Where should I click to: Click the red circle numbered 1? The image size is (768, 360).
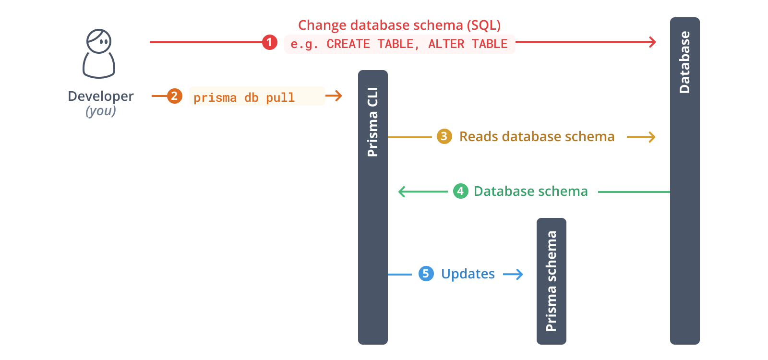click(269, 42)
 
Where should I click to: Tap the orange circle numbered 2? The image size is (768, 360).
click(174, 96)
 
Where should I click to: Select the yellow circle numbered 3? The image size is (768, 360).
click(444, 136)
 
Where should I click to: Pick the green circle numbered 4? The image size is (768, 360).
click(460, 191)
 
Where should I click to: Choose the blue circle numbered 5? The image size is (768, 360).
click(426, 274)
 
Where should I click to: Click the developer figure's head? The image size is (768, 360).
click(99, 41)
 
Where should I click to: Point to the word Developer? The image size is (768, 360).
click(101, 96)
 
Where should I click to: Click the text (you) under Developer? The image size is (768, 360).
click(101, 111)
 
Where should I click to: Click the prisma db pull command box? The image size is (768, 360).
click(257, 96)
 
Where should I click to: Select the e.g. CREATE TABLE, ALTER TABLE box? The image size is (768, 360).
click(399, 44)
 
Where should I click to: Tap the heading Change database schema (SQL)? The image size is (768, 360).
click(399, 25)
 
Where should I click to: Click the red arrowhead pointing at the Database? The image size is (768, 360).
click(653, 42)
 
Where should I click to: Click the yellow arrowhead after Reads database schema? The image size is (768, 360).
click(651, 137)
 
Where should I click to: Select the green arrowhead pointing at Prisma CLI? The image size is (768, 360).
click(402, 192)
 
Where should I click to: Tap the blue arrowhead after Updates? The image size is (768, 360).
click(519, 274)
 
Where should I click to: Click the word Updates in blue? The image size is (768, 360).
click(468, 274)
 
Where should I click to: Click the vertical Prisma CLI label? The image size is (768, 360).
click(373, 122)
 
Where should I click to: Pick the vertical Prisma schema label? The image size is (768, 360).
click(552, 281)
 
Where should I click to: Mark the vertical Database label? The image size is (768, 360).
click(685, 62)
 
